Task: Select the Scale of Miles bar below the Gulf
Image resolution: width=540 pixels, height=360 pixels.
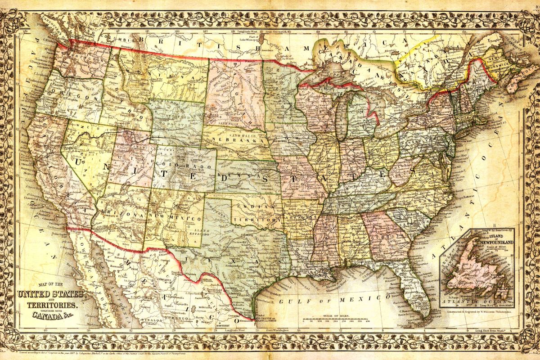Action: point(335,320)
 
